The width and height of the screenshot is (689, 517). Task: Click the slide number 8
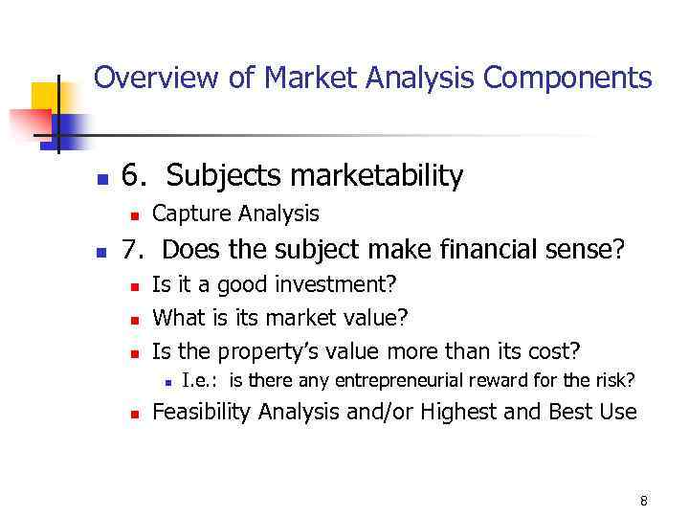click(x=643, y=501)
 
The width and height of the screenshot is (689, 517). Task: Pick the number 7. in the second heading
click(x=136, y=251)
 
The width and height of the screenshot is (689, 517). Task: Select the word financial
click(x=481, y=251)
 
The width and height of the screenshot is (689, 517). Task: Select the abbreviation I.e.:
click(x=201, y=381)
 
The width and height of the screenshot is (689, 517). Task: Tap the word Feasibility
click(x=203, y=413)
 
